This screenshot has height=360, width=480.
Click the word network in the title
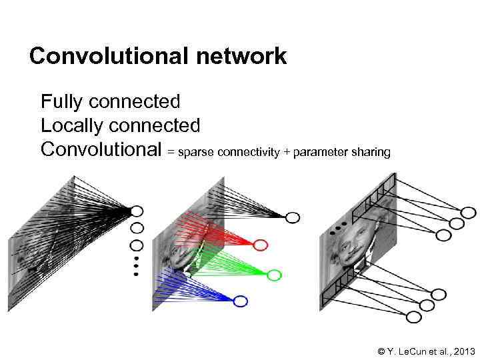(241, 56)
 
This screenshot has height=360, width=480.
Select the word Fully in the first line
(62, 102)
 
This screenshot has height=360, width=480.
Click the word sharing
(370, 153)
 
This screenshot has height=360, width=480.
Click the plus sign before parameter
(287, 153)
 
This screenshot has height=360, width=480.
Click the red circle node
(261, 245)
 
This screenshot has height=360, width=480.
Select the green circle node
(274, 274)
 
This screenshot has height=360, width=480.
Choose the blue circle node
(241, 301)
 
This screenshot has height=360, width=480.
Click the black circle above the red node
(293, 217)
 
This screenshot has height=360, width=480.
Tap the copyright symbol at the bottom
(381, 351)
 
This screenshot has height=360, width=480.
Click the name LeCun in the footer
(411, 351)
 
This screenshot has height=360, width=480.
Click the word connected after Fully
(134, 102)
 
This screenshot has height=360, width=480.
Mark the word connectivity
(249, 153)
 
